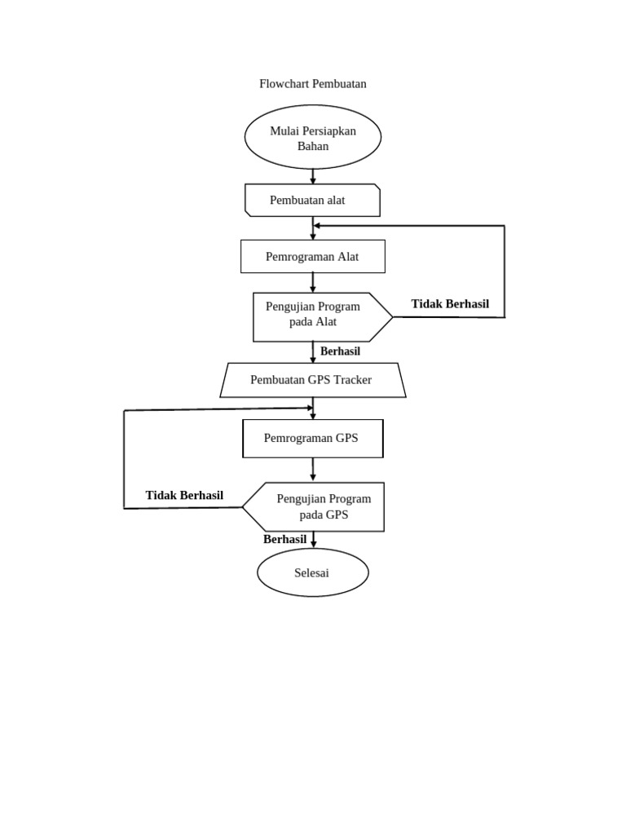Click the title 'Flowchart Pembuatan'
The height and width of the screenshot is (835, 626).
[x=313, y=84]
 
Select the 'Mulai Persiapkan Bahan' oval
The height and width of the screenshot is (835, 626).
[x=313, y=137]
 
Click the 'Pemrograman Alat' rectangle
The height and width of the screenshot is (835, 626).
[x=313, y=256]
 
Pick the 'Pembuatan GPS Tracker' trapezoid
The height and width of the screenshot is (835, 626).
[x=313, y=380]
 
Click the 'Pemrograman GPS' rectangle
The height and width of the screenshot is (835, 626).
[x=313, y=439]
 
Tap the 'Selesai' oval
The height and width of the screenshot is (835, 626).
[x=313, y=572]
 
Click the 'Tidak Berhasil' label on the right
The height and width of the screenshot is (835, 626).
[x=450, y=304]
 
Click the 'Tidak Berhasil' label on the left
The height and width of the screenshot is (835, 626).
[x=184, y=496]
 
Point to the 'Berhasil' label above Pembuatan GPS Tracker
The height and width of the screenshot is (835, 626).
[x=340, y=351]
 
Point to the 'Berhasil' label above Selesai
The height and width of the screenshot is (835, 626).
[x=284, y=539]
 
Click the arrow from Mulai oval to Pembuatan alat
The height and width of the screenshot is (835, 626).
[x=313, y=176]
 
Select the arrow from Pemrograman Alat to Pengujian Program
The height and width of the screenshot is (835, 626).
[x=313, y=282]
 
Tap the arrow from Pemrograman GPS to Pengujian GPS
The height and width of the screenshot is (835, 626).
[x=313, y=470]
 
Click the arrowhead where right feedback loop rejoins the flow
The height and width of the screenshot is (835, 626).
[x=318, y=225]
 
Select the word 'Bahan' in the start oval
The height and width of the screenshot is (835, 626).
[x=313, y=147]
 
